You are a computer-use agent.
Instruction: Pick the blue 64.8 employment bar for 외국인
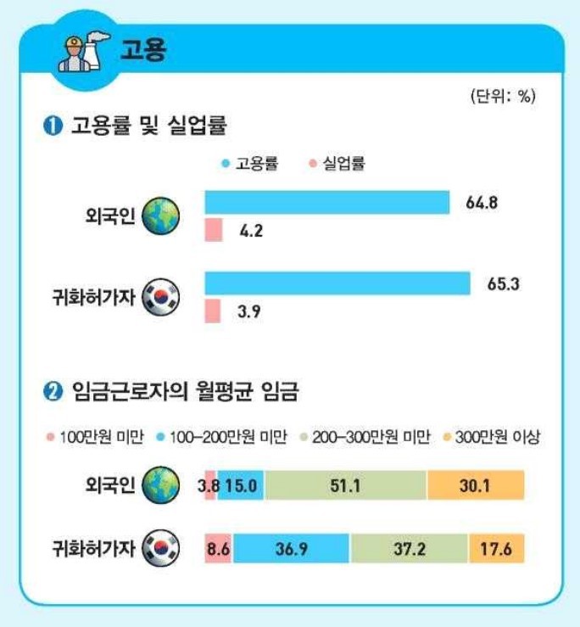click(x=326, y=203)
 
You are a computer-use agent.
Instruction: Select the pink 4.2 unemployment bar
click(x=214, y=230)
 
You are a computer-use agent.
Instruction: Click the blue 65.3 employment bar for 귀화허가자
click(x=337, y=283)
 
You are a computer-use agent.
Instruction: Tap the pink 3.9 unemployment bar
click(x=213, y=311)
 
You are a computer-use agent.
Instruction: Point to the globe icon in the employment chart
click(x=161, y=218)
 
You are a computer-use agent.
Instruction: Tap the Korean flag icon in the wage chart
click(x=161, y=550)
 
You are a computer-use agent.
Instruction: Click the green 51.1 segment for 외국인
click(x=345, y=484)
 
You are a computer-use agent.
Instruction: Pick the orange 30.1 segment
click(x=476, y=484)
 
